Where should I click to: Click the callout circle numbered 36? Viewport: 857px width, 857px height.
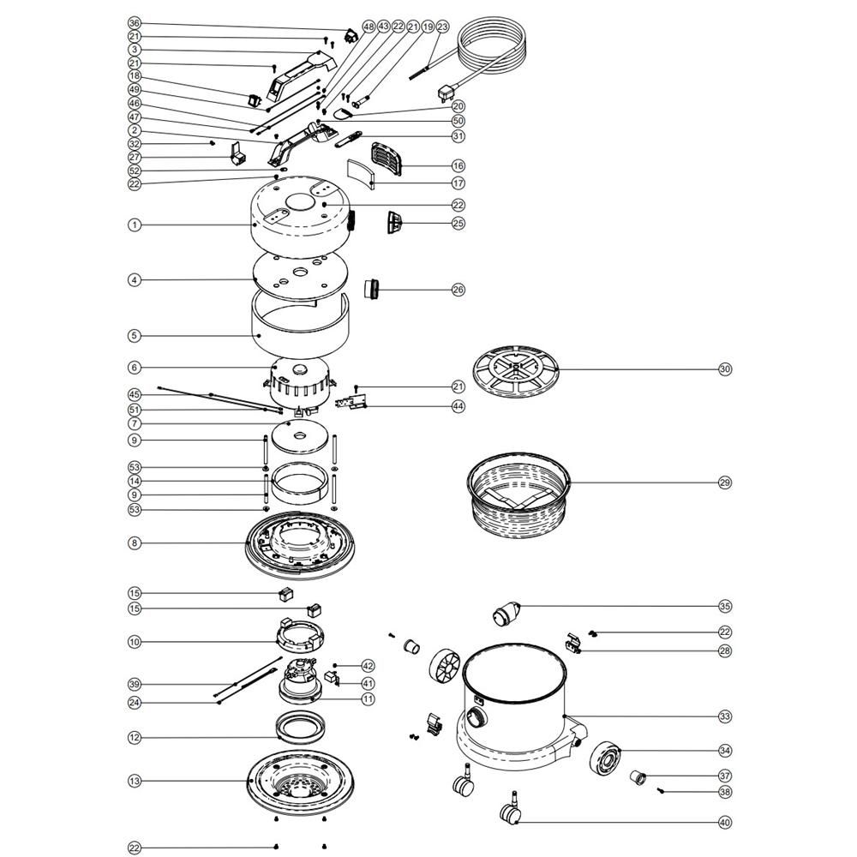[x=135, y=23]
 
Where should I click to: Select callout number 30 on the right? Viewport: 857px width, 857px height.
[x=725, y=369]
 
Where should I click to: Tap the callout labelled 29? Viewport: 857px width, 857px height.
[x=725, y=482]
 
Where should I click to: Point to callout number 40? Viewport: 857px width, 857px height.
[x=725, y=822]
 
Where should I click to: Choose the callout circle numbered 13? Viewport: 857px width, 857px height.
[x=135, y=781]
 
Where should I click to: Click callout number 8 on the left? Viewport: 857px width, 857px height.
[x=135, y=543]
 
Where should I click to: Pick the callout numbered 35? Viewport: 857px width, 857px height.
[x=725, y=606]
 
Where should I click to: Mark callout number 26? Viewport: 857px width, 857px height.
[x=458, y=290]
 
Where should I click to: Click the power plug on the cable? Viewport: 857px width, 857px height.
[x=444, y=94]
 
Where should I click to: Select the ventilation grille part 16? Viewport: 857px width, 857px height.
[x=387, y=159]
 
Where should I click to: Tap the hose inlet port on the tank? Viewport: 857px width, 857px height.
[x=476, y=717]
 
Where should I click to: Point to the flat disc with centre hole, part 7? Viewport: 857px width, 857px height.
[x=299, y=437]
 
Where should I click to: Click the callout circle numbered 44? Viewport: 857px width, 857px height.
[x=458, y=406]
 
